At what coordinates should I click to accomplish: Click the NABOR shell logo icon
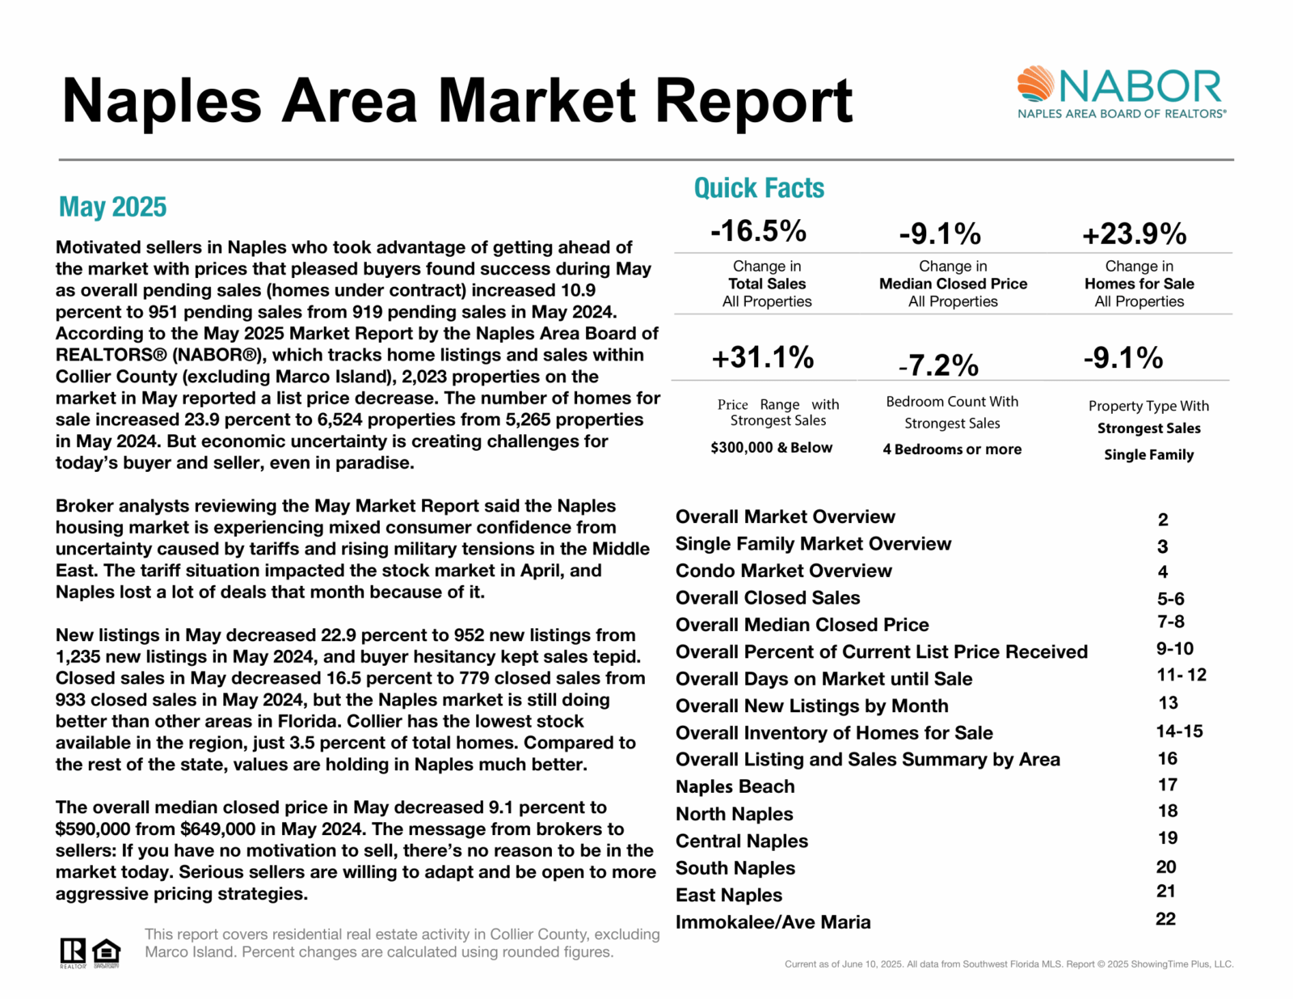1035,84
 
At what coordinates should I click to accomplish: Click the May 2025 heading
112,207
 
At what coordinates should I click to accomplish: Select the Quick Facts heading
759,188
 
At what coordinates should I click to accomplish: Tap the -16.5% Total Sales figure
758,231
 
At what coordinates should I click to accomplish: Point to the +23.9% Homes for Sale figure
1134,234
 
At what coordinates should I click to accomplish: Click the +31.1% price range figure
762,357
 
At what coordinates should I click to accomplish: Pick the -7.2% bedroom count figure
939,365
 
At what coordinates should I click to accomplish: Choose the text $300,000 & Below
771,448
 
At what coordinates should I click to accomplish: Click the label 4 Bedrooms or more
952,449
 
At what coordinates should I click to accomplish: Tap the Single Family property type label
1148,455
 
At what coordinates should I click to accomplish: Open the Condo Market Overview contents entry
783,571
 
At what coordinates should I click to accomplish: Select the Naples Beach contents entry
735,786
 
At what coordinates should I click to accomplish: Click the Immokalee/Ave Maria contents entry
773,922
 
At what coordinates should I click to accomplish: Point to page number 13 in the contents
1168,703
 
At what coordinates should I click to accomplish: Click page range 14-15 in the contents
1179,731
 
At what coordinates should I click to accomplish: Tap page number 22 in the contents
1165,919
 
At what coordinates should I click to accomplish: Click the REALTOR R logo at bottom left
73,952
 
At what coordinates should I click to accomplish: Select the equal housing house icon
106,952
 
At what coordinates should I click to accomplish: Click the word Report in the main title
753,101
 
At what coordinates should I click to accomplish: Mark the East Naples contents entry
728,895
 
